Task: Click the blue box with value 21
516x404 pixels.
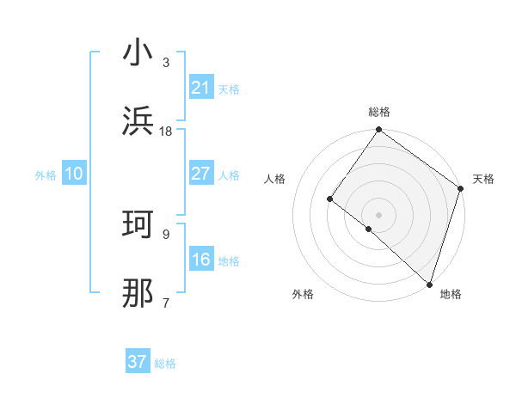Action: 200,87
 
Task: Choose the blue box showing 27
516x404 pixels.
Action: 200,174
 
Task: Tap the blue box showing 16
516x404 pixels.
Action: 200,260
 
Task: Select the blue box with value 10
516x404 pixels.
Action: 73,174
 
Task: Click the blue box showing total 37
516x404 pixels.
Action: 137,362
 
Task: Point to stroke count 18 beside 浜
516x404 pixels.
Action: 166,132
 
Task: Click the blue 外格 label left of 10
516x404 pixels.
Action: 46,174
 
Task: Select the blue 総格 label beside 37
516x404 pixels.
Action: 165,364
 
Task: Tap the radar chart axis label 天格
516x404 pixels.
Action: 483,180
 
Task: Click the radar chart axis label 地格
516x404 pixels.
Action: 451,294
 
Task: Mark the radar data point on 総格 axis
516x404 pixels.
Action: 378,131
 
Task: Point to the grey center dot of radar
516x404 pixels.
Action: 378,214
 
